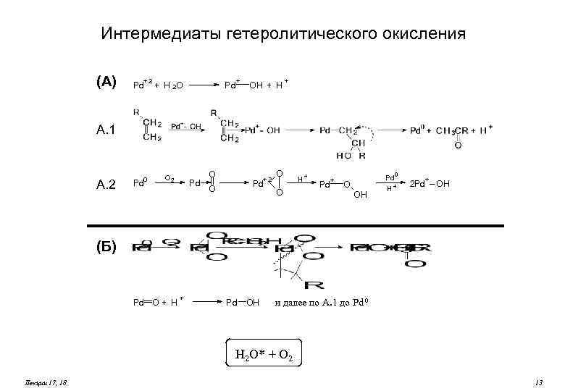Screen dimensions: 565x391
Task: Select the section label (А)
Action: pyautogui.click(x=106, y=82)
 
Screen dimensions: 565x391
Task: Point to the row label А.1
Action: pyautogui.click(x=106, y=130)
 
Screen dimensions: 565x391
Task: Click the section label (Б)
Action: pyautogui.click(x=106, y=246)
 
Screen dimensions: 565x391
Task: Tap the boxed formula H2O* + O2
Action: pyautogui.click(x=264, y=354)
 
